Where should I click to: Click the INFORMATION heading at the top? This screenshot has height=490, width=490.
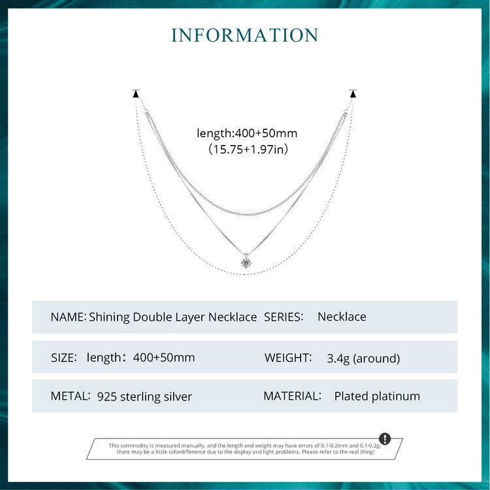[x=245, y=35]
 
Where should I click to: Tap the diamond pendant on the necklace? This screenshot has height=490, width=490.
[x=245, y=262]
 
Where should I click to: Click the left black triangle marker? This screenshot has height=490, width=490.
[x=136, y=95]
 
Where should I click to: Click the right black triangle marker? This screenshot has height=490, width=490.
[x=353, y=95]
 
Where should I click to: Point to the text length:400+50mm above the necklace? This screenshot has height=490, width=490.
[x=247, y=133]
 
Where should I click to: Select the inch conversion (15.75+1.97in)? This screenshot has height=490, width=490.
[x=247, y=150]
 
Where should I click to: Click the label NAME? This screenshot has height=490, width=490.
[x=68, y=317]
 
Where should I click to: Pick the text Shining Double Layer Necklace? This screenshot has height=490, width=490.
[x=172, y=317]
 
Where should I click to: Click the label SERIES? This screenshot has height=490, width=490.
[x=284, y=317]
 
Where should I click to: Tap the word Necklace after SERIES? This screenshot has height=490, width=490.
[x=342, y=317]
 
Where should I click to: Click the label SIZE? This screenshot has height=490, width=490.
[x=64, y=357]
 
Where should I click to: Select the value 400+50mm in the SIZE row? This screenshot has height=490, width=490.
[x=163, y=357]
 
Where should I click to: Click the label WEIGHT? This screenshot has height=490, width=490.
[x=288, y=357]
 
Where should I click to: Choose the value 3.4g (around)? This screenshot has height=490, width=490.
[x=363, y=358]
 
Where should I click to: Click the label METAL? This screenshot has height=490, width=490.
[x=71, y=396]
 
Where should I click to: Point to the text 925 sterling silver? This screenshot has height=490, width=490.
[x=144, y=397]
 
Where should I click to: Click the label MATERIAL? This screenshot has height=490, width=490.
[x=292, y=396]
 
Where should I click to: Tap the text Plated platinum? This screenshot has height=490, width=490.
[x=377, y=396]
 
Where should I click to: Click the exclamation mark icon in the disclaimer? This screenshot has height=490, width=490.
[x=385, y=438]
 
